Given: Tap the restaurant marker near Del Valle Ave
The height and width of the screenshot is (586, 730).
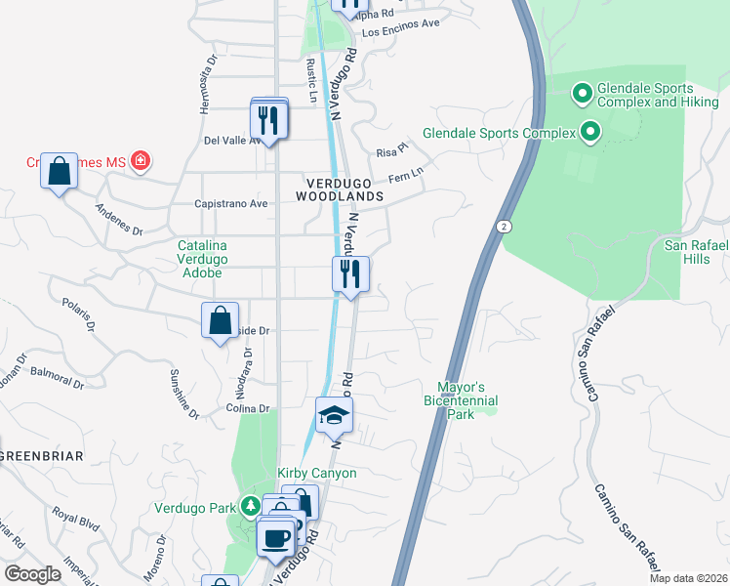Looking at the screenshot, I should (x=267, y=121).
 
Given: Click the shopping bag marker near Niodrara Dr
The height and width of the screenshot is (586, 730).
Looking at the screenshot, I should (x=221, y=320).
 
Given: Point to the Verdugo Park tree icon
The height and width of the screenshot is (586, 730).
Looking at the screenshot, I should (x=251, y=506).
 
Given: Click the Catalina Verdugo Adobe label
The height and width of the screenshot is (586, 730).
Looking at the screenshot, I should (x=202, y=259).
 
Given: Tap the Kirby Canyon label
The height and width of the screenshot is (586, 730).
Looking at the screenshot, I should (x=317, y=474).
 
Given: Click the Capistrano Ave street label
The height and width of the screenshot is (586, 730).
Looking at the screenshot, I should (x=232, y=204).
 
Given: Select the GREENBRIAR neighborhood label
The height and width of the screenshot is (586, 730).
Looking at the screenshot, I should (x=41, y=456).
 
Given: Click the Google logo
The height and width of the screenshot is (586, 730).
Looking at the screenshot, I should (x=32, y=574).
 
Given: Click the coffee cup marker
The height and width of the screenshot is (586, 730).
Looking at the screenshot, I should (x=277, y=537).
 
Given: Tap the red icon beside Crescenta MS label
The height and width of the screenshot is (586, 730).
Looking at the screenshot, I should (x=141, y=160).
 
